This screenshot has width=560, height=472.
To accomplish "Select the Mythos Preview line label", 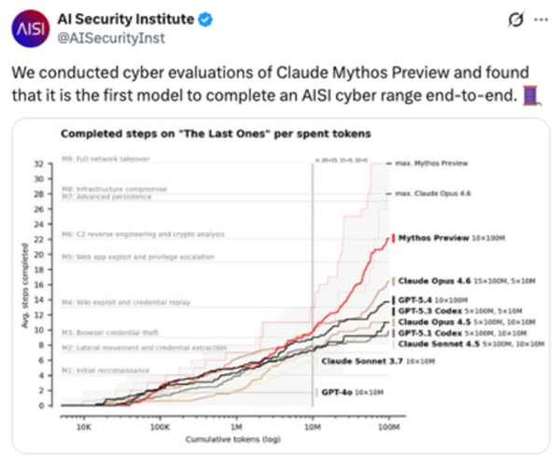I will [435, 238].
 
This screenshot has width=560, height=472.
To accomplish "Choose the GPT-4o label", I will [342, 393].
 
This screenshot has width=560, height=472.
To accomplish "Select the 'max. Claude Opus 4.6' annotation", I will [441, 193].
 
